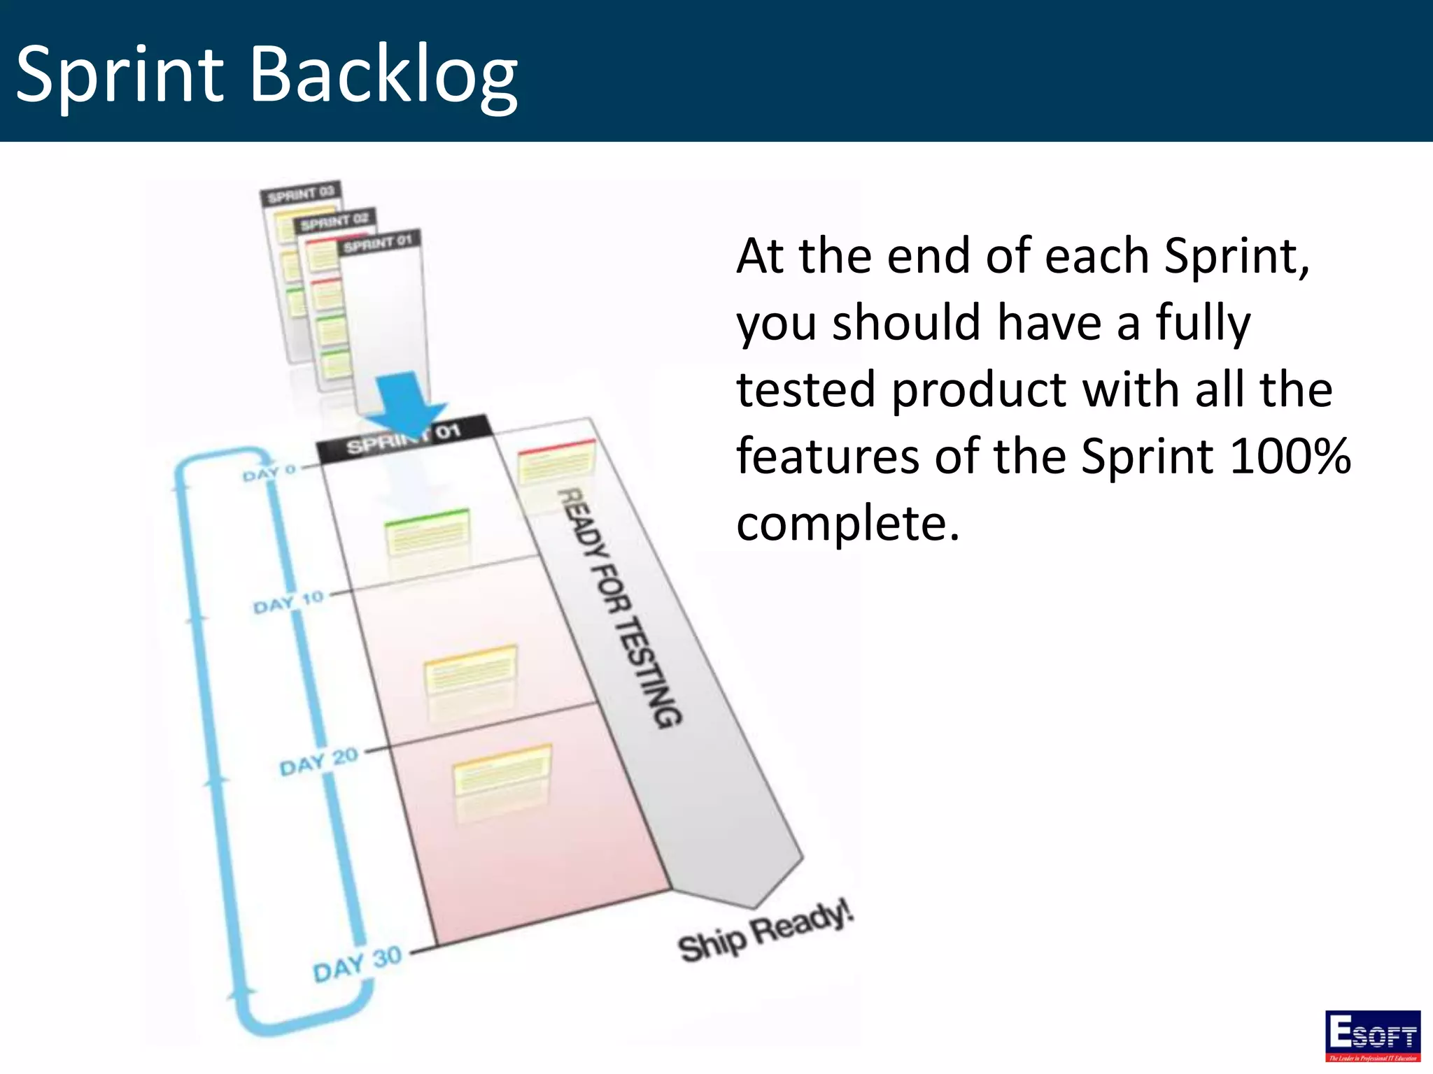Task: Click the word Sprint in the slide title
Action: (x=119, y=75)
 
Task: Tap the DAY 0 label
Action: (x=269, y=473)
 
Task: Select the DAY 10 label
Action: (x=288, y=602)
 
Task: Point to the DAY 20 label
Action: (x=318, y=761)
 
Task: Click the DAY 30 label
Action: (x=357, y=964)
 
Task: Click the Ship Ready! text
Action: (x=765, y=932)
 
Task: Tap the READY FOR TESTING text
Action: (x=619, y=607)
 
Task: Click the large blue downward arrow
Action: (x=405, y=405)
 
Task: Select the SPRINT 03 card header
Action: (x=300, y=194)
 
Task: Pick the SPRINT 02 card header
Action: (x=334, y=222)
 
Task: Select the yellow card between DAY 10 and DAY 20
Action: (x=470, y=670)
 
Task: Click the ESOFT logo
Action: (x=1372, y=1034)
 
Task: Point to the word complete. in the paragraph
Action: (x=847, y=523)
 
